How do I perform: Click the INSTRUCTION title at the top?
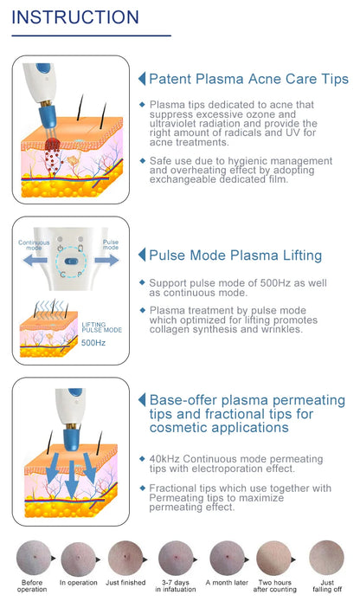click(x=75, y=17)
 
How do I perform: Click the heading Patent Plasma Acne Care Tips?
click(x=248, y=79)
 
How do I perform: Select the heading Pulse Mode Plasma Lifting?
click(x=235, y=255)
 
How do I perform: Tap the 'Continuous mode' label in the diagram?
click(x=35, y=246)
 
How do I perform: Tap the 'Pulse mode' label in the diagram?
click(x=111, y=245)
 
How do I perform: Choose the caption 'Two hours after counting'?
click(x=276, y=586)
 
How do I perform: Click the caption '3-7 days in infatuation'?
click(x=176, y=586)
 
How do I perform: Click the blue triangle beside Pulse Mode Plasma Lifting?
click(x=142, y=255)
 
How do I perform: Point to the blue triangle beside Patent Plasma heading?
click(x=142, y=79)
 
